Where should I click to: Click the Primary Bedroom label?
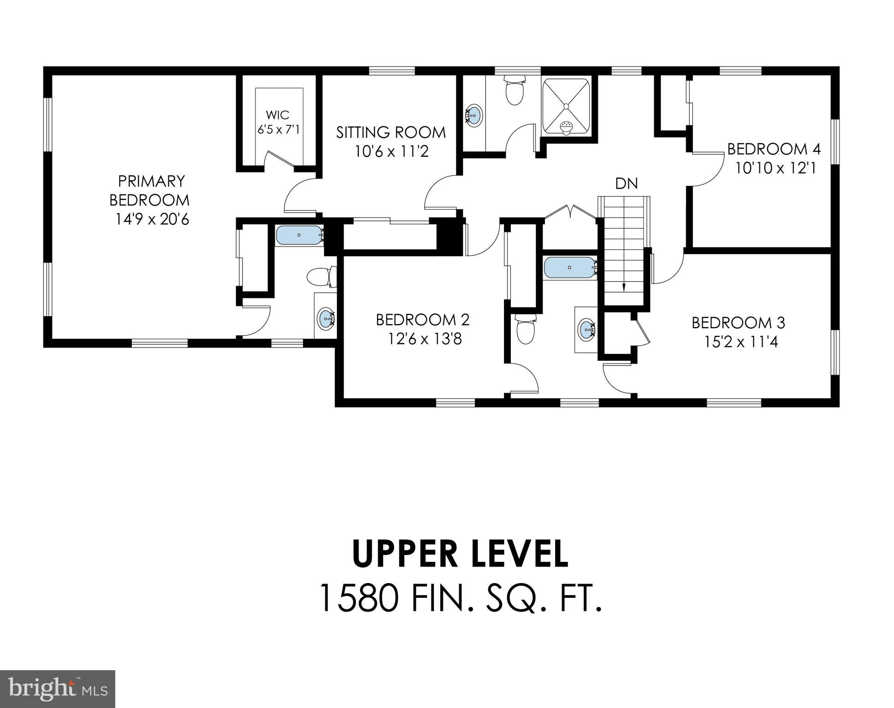149,190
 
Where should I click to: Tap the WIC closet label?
278,115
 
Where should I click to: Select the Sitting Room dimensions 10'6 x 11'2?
391,152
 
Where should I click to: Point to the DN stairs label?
626,184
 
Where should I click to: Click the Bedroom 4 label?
774,149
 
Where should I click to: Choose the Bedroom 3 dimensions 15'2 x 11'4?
741,342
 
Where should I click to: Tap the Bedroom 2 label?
422,319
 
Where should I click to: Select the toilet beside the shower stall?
515,90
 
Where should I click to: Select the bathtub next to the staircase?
570,267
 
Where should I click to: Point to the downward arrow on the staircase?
624,286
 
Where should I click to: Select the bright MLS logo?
57,689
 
